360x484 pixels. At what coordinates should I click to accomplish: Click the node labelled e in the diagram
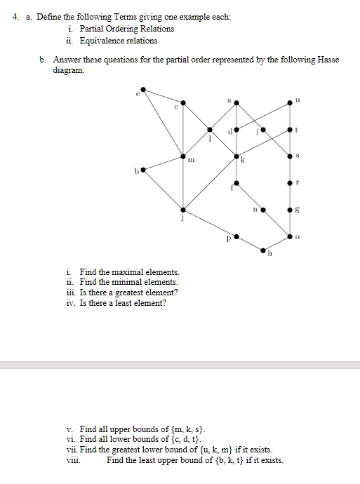[143, 89]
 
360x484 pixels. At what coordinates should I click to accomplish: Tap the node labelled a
[236, 103]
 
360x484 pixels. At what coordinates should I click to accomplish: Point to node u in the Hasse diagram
[290, 103]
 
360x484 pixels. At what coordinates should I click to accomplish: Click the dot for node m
[183, 156]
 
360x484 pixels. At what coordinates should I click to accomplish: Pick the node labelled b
[143, 169]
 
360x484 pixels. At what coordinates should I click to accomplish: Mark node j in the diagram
[183, 209]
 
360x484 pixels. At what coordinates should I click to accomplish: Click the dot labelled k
[236, 156]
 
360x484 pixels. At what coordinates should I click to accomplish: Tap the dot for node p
[236, 236]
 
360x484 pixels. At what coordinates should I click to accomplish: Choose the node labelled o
[290, 236]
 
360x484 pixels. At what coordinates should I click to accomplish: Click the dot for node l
[210, 129]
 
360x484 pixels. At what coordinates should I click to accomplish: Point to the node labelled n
[263, 209]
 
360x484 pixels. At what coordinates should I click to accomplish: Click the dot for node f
[236, 183]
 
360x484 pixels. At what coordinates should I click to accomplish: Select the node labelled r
[290, 182]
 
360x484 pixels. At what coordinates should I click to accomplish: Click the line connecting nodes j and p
[210, 223]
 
